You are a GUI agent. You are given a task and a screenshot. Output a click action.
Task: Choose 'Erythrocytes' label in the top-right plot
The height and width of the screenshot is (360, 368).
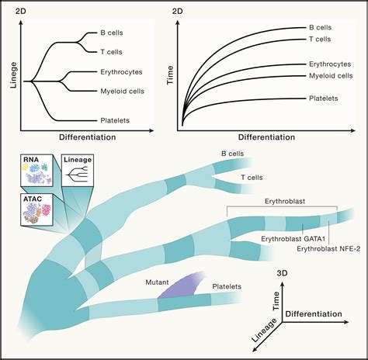(321, 65)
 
